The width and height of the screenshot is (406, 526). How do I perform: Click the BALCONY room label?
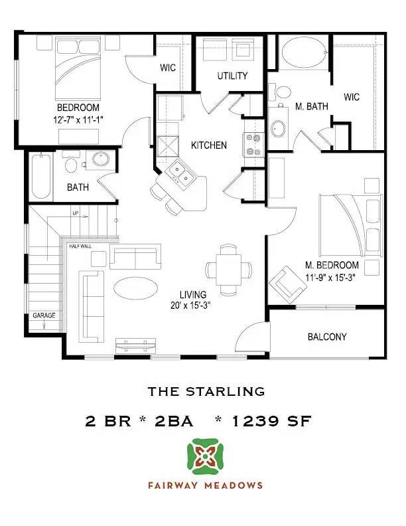[327, 337]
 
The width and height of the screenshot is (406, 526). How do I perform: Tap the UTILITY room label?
[232, 76]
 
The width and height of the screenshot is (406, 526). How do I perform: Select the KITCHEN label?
[209, 145]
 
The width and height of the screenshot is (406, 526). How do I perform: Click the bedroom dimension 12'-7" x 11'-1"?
[78, 119]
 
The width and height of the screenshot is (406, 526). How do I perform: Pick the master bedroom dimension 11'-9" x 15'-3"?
[331, 278]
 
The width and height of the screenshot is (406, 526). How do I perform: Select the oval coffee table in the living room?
[137, 288]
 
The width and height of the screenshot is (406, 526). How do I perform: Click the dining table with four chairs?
[229, 268]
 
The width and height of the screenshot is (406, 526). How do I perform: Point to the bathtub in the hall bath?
[41, 177]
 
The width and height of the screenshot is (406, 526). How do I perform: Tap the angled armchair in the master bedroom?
[285, 284]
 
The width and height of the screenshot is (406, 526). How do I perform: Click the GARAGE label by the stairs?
[44, 316]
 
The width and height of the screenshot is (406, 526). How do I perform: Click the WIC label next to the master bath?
[352, 97]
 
